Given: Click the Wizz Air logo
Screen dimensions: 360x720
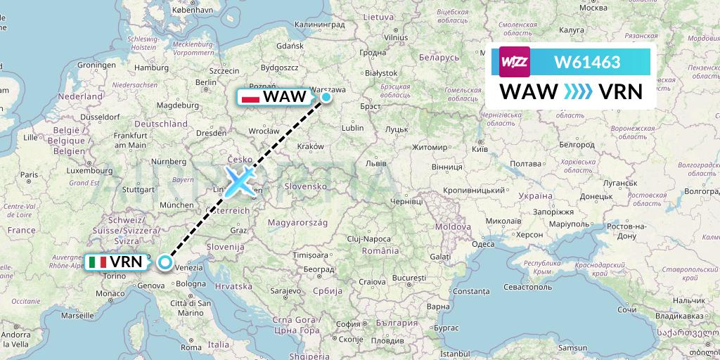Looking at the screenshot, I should pos(515,61).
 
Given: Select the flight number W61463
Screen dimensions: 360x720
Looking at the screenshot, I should pos(587,62).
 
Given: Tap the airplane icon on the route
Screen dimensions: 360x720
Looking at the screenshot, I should pos(240,182).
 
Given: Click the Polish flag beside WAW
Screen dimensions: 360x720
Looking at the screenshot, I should pos(250,97).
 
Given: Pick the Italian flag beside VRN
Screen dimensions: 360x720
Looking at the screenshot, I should pos(98,262).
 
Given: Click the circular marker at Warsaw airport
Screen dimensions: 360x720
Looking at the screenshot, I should pos(326,97).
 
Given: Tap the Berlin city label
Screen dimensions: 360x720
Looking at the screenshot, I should pos(205,82).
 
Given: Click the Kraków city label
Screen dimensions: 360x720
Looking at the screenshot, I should pos(311,146).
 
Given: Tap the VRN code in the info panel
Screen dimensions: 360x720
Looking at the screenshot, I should pos(619,91).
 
